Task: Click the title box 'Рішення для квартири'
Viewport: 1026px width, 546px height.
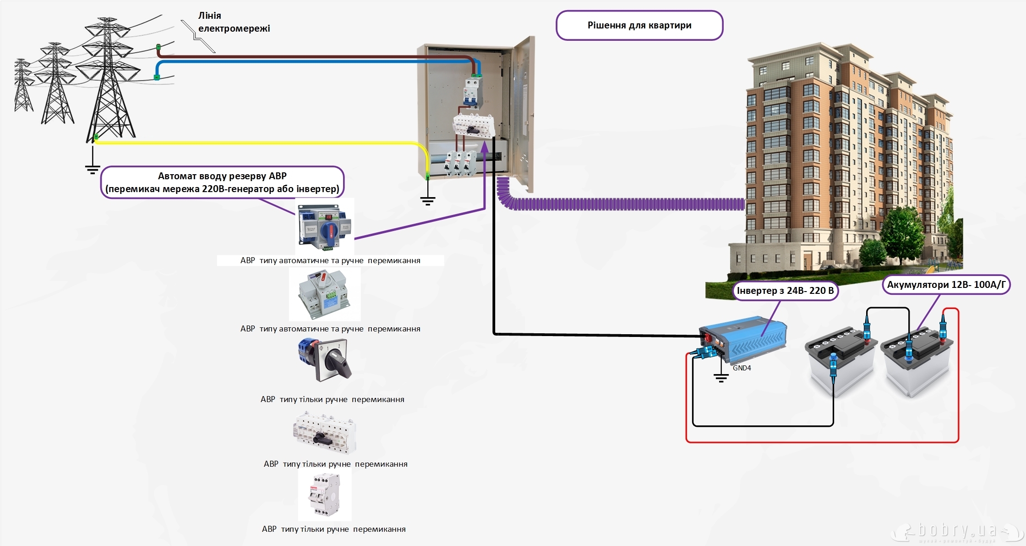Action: coord(639,26)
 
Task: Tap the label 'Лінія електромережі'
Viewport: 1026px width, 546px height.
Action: coord(234,22)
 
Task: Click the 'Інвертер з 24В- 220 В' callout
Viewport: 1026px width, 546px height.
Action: coord(785,291)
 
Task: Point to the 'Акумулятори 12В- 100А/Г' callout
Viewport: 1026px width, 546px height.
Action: coord(946,285)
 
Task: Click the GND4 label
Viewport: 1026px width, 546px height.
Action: coord(742,368)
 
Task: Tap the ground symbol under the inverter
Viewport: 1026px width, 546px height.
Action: coord(721,378)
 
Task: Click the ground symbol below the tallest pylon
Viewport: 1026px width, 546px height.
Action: coord(93,170)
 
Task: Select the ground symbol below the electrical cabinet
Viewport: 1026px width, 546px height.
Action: coord(427,200)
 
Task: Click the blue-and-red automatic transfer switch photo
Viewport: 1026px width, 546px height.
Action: coord(325,226)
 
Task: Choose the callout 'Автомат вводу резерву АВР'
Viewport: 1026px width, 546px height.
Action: coord(222,182)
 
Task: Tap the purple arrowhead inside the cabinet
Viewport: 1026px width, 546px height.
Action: coord(485,147)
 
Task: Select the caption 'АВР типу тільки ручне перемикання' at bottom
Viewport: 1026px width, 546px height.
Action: coord(333,529)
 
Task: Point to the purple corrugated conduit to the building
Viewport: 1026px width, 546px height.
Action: coord(623,204)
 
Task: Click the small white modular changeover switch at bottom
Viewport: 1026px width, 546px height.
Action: coord(325,495)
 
